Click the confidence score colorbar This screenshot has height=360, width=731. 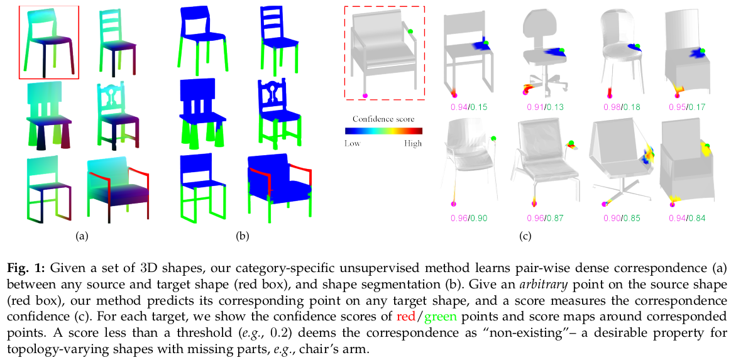pos(383,131)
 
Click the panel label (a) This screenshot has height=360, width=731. pos(80,237)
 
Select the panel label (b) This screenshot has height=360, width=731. pos(243,237)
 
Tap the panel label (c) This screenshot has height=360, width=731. pos(524,237)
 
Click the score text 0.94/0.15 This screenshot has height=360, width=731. pos(468,107)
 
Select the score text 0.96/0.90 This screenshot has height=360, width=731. pos(468,218)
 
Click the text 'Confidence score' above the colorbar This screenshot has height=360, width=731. pos(383,119)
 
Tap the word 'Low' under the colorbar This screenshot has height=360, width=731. pos(353,143)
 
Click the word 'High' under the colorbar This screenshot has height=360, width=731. pos(413,143)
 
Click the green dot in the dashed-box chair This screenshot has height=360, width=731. pos(410,31)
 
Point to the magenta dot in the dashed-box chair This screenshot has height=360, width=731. pos(365,95)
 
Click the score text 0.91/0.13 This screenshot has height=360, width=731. pos(544,107)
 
